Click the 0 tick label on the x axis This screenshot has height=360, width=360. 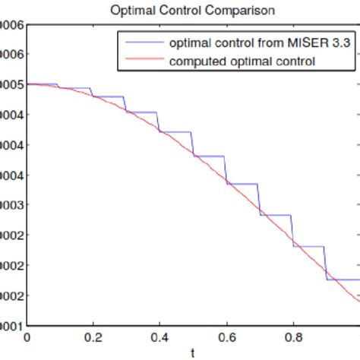tap(28, 336)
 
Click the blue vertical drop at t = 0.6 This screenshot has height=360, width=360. tap(226, 169)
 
